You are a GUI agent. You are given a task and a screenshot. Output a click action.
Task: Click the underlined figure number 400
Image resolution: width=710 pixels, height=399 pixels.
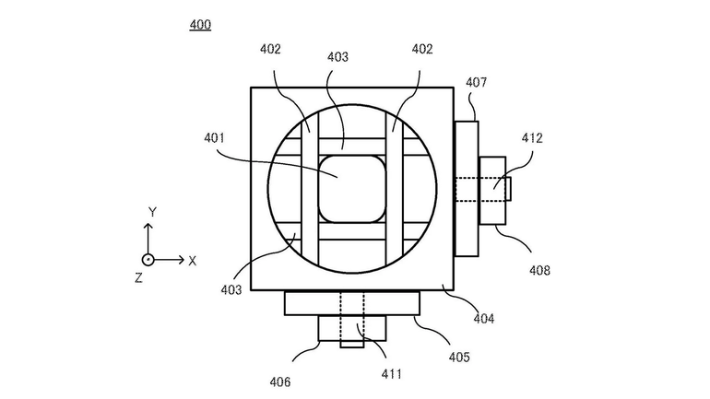pyautogui.click(x=200, y=25)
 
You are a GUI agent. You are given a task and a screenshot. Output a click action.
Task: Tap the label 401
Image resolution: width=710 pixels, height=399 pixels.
pyautogui.click(x=214, y=138)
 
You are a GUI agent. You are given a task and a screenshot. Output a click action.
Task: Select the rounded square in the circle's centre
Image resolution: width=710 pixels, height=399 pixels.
pyautogui.click(x=352, y=189)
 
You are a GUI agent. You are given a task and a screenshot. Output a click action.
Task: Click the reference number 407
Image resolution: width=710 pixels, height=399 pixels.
pyautogui.click(x=477, y=82)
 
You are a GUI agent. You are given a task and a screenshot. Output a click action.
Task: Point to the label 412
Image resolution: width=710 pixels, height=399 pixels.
pyautogui.click(x=532, y=138)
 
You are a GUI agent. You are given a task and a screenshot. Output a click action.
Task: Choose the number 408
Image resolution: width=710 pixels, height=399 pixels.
pyautogui.click(x=539, y=271)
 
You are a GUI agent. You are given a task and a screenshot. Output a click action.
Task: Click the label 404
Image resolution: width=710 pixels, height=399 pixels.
pyautogui.click(x=484, y=319)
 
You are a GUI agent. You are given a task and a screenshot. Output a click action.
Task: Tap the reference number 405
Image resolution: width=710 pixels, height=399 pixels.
pyautogui.click(x=459, y=357)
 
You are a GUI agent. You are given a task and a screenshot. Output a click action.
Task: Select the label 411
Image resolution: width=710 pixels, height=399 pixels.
pyautogui.click(x=391, y=374)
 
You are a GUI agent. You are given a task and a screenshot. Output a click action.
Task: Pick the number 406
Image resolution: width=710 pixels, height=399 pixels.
pyautogui.click(x=280, y=382)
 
